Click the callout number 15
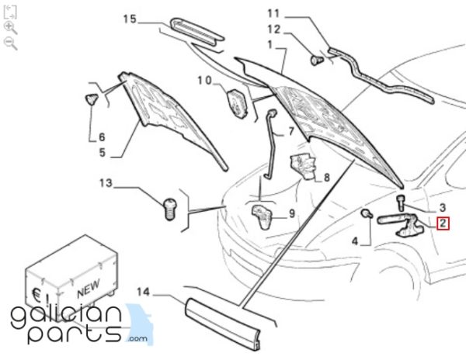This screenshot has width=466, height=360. pyautogui.click(x=130, y=19)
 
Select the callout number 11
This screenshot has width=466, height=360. pyautogui.click(x=273, y=14)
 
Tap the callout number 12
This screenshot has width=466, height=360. pyautogui.click(x=274, y=29)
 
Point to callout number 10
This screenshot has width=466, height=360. pyautogui.click(x=205, y=80)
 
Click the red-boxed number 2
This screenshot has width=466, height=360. pyautogui.click(x=443, y=223)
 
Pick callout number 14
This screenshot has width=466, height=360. pyautogui.click(x=143, y=292)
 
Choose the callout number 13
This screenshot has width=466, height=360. pyautogui.click(x=106, y=183)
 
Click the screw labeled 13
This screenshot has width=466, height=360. pyautogui.click(x=169, y=209)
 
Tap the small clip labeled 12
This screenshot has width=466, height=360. pyautogui.click(x=317, y=61)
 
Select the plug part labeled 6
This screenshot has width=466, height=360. pyautogui.click(x=92, y=99)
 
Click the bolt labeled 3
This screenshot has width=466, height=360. pyautogui.click(x=401, y=202)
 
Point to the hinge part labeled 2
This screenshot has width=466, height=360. pyautogui.click(x=402, y=226)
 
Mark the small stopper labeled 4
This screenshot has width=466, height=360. pyautogui.click(x=367, y=213)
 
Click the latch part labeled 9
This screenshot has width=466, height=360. pyautogui.click(x=263, y=216)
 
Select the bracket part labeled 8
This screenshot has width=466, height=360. pyautogui.click(x=304, y=167)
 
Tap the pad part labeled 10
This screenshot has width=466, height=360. pyautogui.click(x=237, y=102)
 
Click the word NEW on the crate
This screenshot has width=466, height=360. pyautogui.click(x=89, y=289)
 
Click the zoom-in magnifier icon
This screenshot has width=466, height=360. pyautogui.click(x=11, y=28)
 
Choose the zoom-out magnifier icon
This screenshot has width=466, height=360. pyautogui.click(x=11, y=43)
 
